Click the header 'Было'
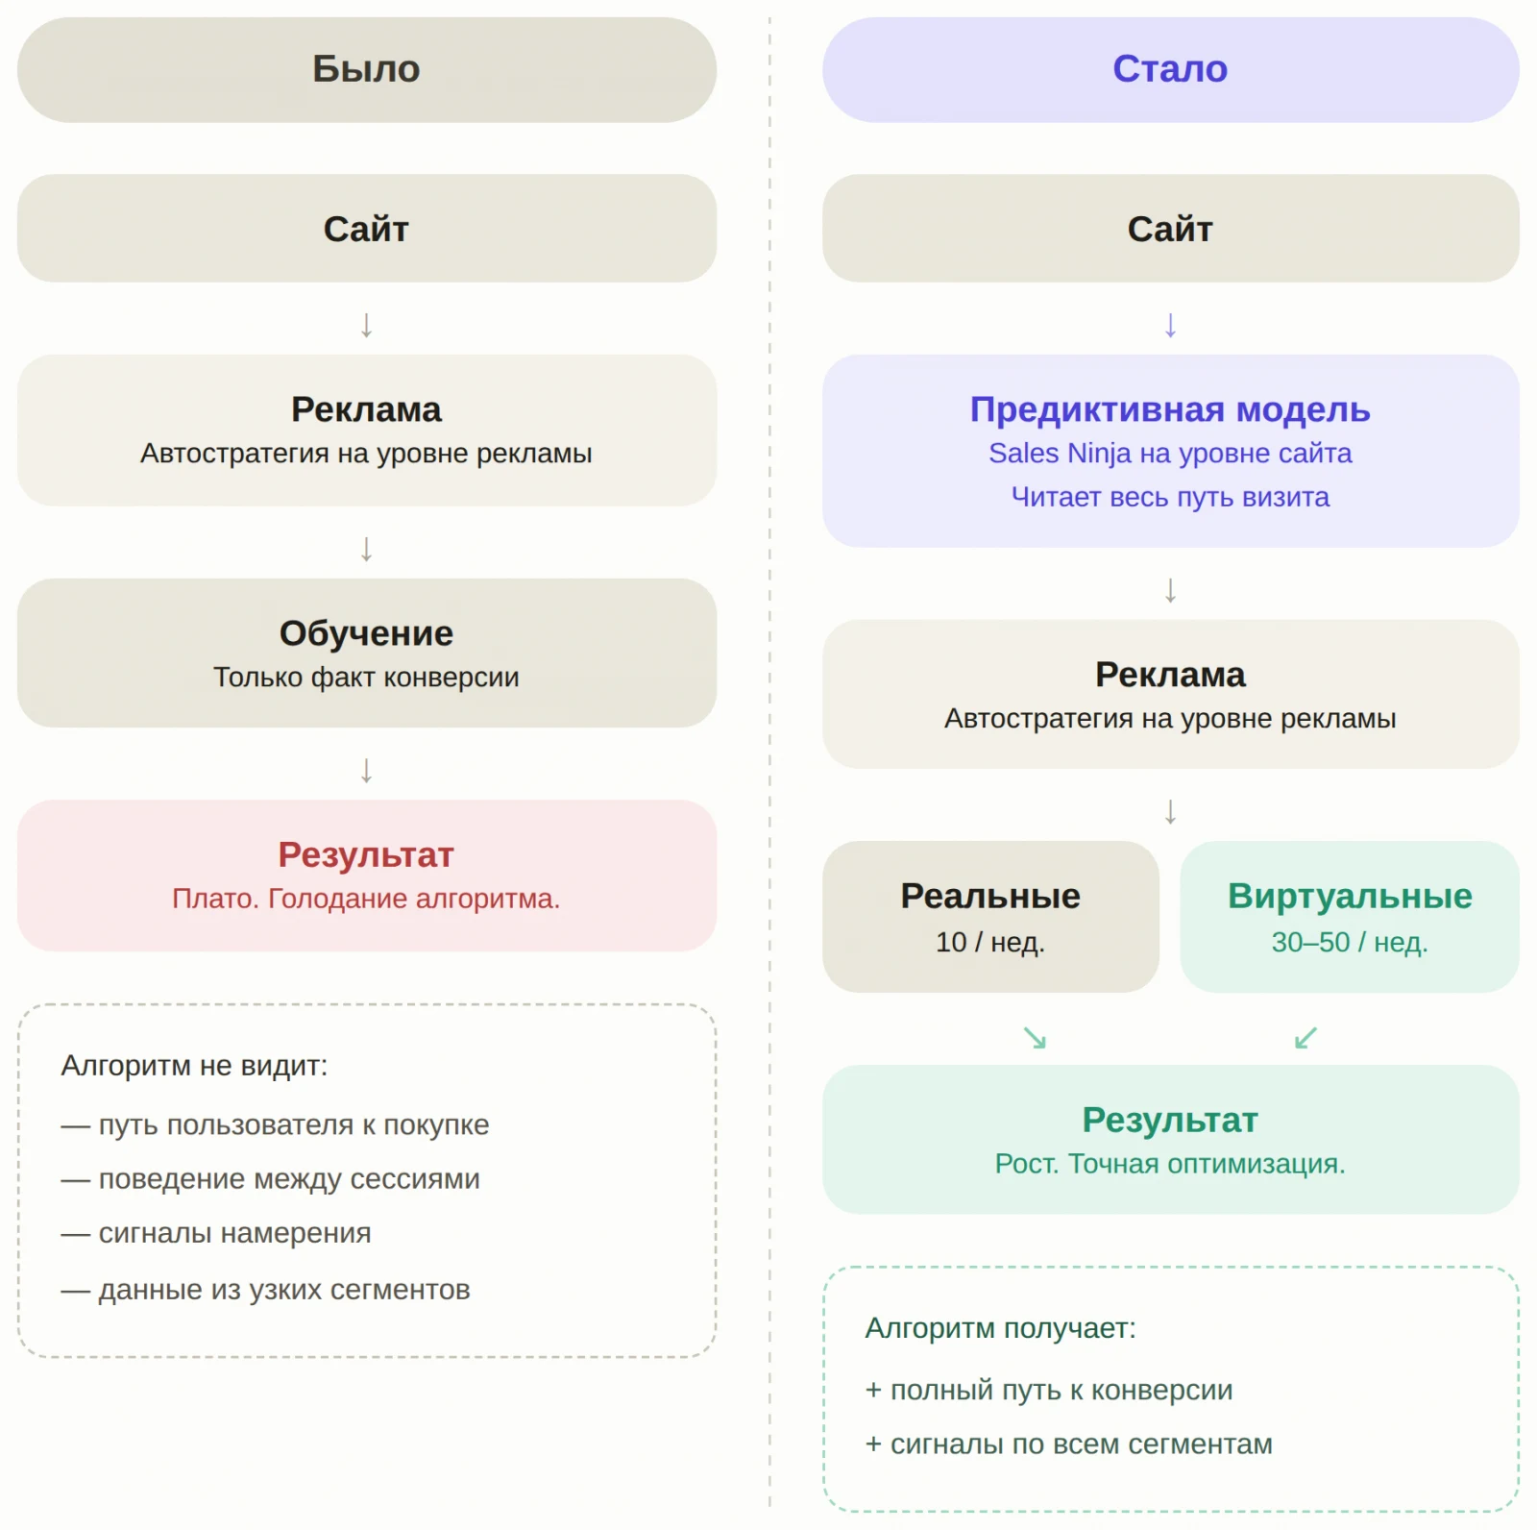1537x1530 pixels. [366, 69]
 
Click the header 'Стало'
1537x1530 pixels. [1170, 69]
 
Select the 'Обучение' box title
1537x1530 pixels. [366, 633]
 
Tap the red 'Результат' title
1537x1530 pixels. [366, 854]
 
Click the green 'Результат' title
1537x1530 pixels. [1170, 1120]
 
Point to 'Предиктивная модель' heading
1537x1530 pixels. [1170, 409]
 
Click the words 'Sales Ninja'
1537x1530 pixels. [1060, 454]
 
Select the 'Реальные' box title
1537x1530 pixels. [990, 896]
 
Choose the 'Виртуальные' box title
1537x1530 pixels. [1350, 896]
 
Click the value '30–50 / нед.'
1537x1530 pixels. [1350, 942]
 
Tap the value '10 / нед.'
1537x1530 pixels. [990, 942]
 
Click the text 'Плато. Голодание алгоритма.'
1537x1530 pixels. [366, 899]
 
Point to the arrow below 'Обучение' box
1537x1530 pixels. [366, 770]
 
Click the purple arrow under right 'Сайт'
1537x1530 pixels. [1170, 325]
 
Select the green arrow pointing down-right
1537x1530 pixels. [1035, 1038]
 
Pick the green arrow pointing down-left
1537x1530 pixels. [1305, 1038]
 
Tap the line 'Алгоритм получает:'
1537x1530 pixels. [1000, 1328]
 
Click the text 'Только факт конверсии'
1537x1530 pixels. [366, 678]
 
